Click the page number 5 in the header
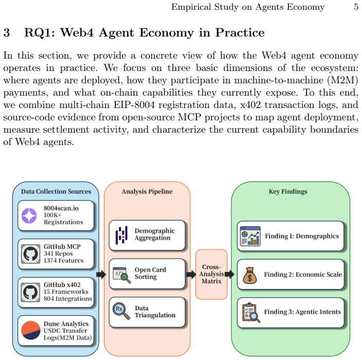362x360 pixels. pos(356,7)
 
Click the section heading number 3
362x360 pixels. pos(7,32)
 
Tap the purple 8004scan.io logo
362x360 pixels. pos(29,215)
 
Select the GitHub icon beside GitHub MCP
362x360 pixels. pos(30,254)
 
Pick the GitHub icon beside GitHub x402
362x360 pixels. pos(30,292)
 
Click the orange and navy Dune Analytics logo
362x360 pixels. pos(31,330)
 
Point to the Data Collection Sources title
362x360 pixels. pos(56,191)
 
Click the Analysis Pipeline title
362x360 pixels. pos(147,191)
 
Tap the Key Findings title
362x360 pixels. pos(288,191)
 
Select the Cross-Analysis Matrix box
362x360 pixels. pos(211,274)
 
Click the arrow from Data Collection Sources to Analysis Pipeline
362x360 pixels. pos(101,274)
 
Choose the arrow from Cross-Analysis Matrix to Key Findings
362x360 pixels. pos(229,274)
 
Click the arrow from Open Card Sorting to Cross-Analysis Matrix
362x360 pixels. pos(191,274)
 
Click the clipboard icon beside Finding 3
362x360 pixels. pos(251,313)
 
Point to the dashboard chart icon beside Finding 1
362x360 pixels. pos(250,236)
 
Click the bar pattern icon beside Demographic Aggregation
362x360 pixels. pos(121,236)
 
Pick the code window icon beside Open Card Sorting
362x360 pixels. pos(122,275)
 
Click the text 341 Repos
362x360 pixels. pos(58,254)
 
